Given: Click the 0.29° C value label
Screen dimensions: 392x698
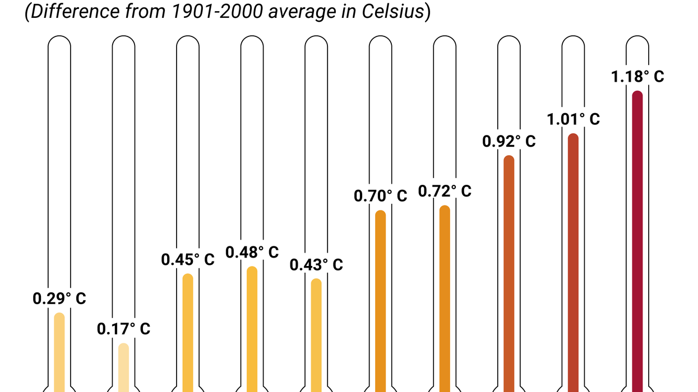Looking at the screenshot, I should point(59,298).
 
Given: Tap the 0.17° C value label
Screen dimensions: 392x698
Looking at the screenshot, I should point(123,329).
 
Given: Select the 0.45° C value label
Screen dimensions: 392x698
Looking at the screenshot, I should point(188,260).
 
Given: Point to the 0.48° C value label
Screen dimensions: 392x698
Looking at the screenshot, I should point(252,252).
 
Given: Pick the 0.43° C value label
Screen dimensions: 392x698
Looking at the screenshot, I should point(316,264).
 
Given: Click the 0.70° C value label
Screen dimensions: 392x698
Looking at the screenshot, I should point(380,196).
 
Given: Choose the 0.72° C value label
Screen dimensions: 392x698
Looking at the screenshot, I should point(445,192).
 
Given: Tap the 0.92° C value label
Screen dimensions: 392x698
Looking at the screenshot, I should point(509,141).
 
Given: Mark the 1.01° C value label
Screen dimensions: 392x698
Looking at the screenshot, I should point(573,119).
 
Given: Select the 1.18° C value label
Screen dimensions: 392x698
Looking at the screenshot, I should point(637,76).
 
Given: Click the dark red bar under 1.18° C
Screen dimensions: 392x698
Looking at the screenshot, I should point(637,241).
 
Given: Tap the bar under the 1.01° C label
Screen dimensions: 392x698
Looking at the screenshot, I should point(573,263).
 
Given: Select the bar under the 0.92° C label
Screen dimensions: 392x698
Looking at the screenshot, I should point(509,274).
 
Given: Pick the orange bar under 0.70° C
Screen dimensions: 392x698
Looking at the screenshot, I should point(380,302).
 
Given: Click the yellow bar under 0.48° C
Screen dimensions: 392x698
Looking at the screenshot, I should point(252,330).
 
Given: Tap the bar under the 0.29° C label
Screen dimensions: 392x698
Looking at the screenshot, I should point(59,353).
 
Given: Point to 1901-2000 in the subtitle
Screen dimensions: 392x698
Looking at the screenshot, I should point(210,12).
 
